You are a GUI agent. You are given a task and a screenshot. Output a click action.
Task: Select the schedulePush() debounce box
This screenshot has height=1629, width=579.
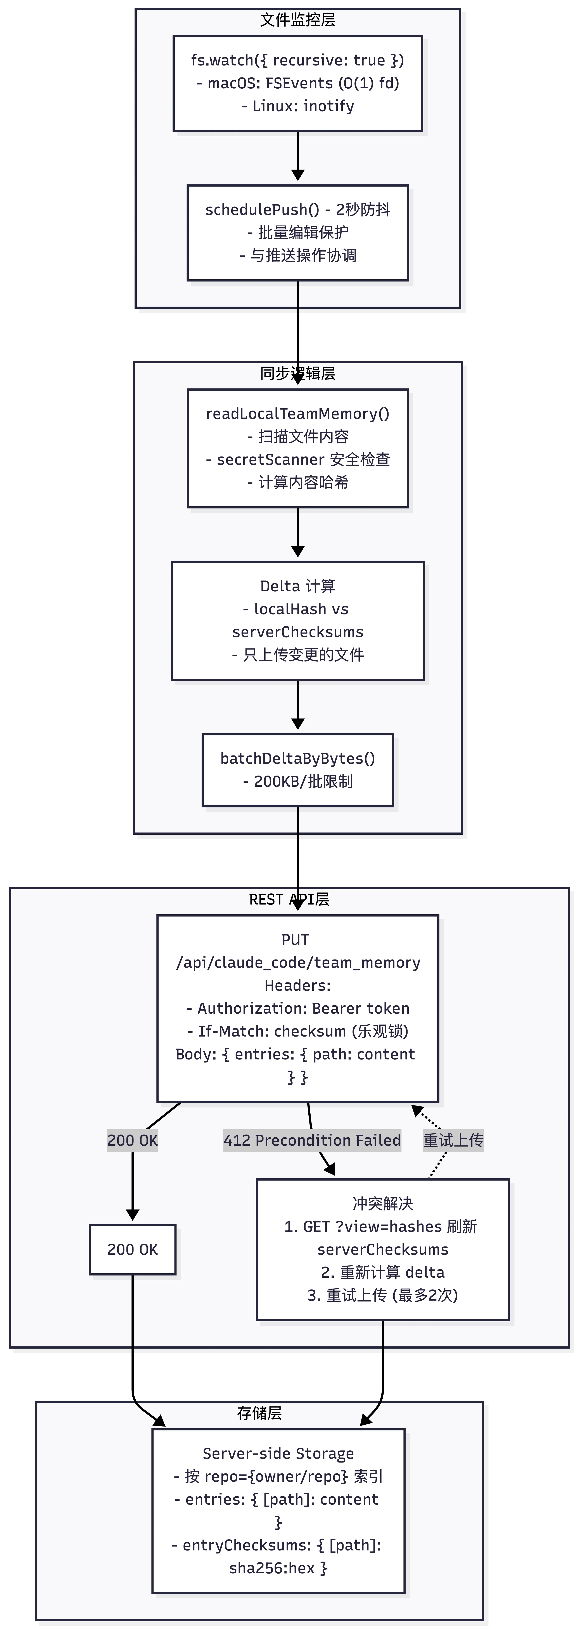[297, 233]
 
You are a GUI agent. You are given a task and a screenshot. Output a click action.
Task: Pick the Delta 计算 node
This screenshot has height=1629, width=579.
[297, 620]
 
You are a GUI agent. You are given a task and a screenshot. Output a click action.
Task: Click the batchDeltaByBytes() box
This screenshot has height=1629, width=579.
[297, 770]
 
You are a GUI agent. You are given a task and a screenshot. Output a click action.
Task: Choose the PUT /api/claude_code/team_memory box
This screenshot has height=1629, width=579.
[297, 1008]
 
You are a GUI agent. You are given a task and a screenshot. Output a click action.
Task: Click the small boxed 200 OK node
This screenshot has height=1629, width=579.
[132, 1250]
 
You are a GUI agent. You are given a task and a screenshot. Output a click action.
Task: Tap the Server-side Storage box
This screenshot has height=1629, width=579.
[278, 1511]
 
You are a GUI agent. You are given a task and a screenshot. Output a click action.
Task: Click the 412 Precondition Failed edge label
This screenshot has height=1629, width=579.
[312, 1140]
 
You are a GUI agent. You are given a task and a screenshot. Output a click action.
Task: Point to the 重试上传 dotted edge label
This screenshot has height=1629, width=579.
[453, 1140]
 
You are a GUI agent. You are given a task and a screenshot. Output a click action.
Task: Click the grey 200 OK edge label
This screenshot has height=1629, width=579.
[132, 1140]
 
